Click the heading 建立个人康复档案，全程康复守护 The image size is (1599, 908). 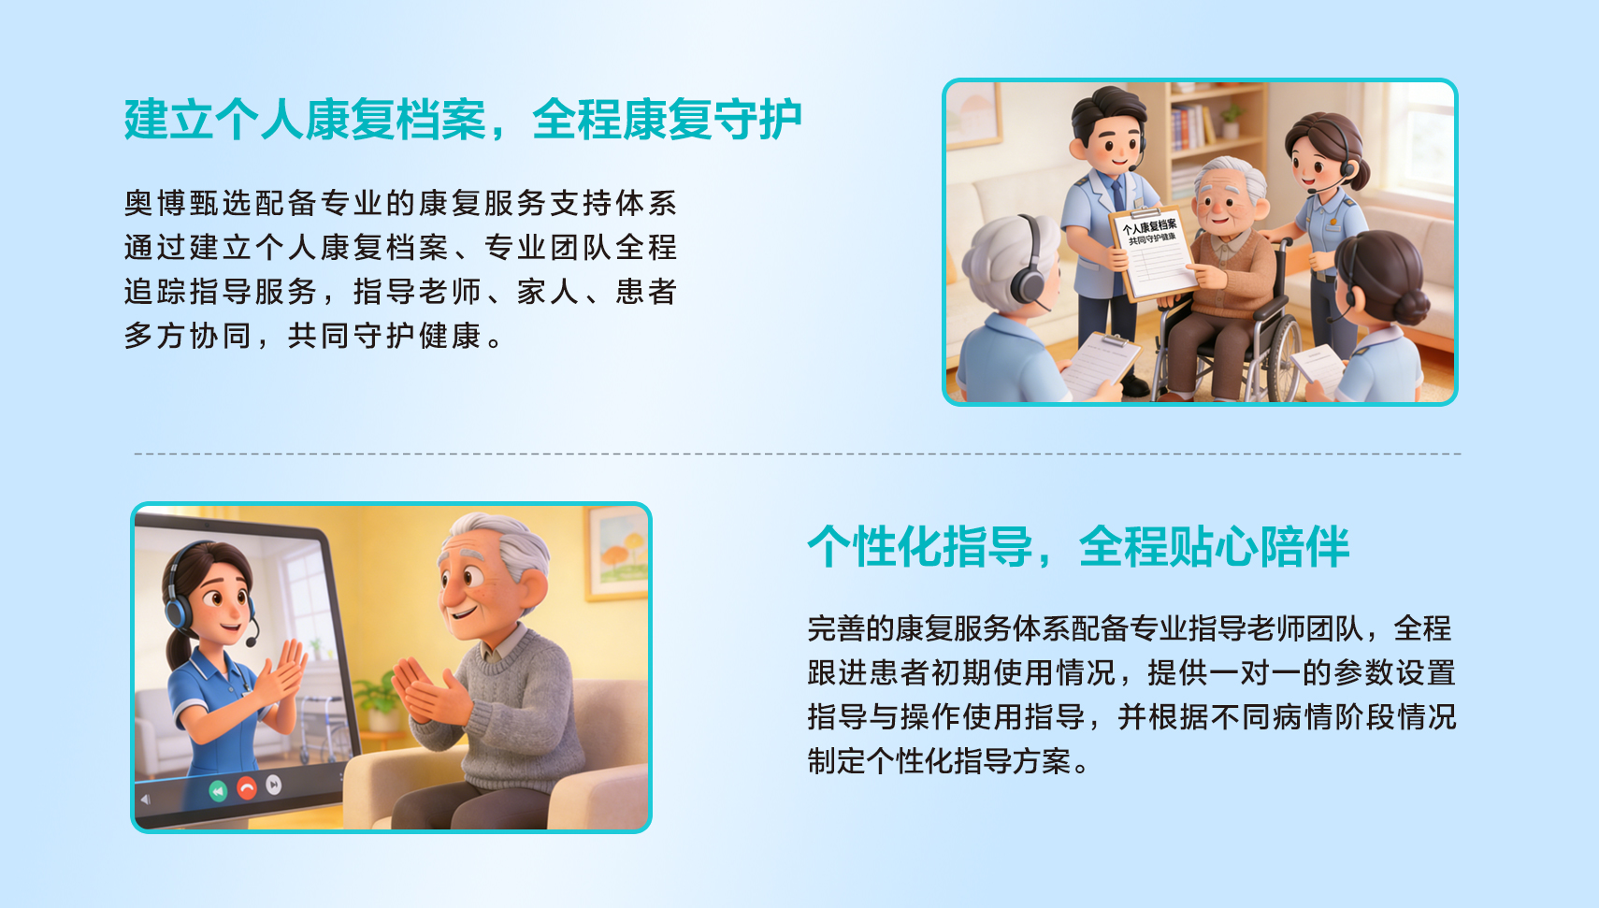463,119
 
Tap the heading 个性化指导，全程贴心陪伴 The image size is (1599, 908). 1078,547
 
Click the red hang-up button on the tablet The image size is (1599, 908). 246,788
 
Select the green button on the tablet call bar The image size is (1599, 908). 218,790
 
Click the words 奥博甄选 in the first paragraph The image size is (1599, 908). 189,204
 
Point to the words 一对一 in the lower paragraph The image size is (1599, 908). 1255,672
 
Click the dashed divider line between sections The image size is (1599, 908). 798,454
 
